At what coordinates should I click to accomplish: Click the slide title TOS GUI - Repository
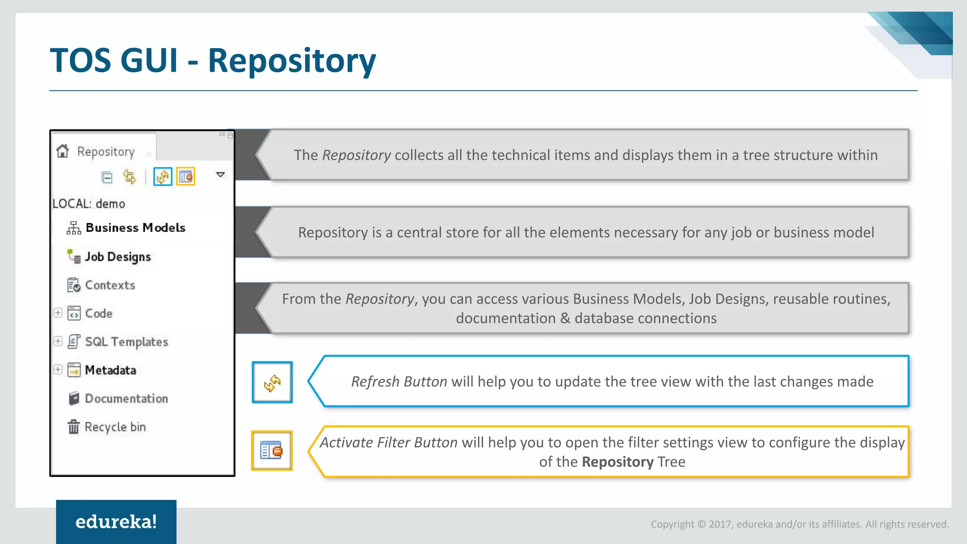pos(212,60)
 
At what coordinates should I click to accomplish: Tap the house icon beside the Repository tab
pos(63,151)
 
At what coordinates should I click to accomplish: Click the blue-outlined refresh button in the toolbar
pos(162,177)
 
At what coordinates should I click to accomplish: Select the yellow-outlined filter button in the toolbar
pos(186,177)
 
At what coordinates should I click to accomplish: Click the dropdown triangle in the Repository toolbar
pos(220,175)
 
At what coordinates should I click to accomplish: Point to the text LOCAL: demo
pos(89,204)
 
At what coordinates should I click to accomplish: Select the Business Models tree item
pos(135,228)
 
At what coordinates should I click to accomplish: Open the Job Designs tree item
pos(118,257)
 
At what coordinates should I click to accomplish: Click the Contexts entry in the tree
pos(110,285)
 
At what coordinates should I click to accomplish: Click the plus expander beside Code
pos(58,313)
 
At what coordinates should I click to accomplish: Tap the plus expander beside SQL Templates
pos(58,341)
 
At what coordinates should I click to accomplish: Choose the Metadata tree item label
pos(110,370)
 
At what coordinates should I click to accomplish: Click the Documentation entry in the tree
pos(126,399)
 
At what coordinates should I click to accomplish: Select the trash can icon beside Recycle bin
pos(73,427)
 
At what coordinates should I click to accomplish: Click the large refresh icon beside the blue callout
pos(272,382)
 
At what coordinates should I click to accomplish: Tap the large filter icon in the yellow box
pos(271,450)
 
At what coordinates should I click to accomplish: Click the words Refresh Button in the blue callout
pos(399,382)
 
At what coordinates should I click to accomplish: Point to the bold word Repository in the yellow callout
pos(617,462)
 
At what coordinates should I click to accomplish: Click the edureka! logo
pos(116,522)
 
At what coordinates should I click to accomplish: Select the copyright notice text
pos(799,524)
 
